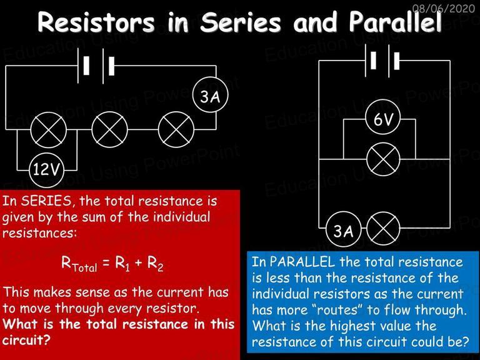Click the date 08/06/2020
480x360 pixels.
coord(444,9)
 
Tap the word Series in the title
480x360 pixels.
coord(240,22)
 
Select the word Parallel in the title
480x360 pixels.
coord(395,22)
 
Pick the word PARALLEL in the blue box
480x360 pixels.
coord(302,262)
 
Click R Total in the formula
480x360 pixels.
coord(79,264)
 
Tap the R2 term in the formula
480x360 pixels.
coord(155,264)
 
